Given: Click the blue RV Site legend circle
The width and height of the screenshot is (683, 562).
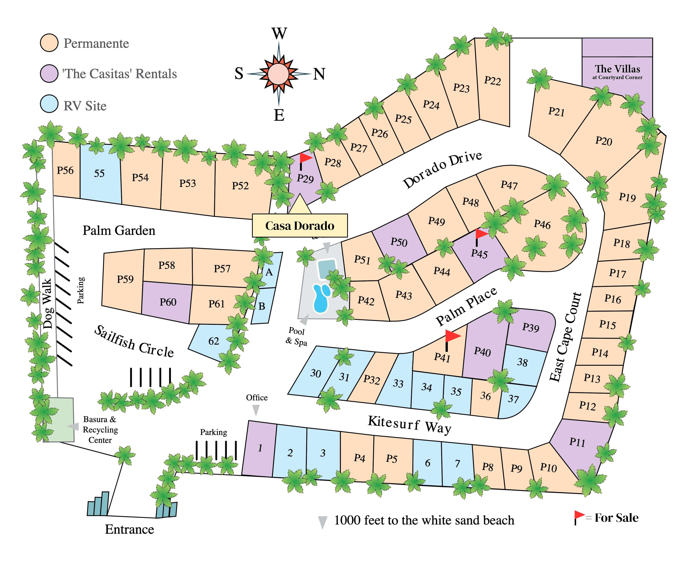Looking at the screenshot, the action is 49,104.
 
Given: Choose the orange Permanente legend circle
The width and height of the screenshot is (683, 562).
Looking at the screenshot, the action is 49,43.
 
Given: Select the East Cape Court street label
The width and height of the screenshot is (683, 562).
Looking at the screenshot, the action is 565,337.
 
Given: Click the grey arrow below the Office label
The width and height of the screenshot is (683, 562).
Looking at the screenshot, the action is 256,411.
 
